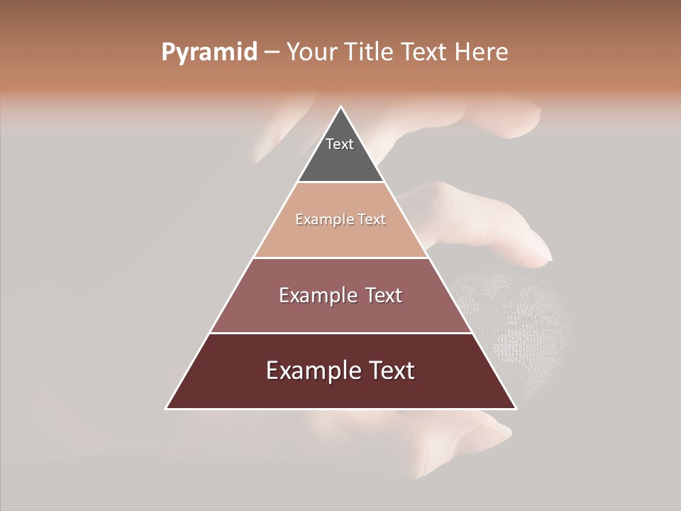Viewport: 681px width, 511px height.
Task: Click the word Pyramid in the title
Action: coord(209,53)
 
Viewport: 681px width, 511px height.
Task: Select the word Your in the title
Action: coord(310,53)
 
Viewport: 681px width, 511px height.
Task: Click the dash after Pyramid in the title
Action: coord(272,53)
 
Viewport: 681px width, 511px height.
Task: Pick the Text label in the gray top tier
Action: coord(340,144)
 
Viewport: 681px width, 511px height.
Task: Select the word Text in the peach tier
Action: coord(372,220)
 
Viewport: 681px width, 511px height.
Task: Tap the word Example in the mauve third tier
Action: coord(316,295)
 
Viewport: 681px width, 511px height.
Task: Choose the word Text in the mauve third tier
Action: coord(384,295)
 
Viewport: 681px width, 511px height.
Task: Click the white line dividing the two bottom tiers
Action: coord(341,333)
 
